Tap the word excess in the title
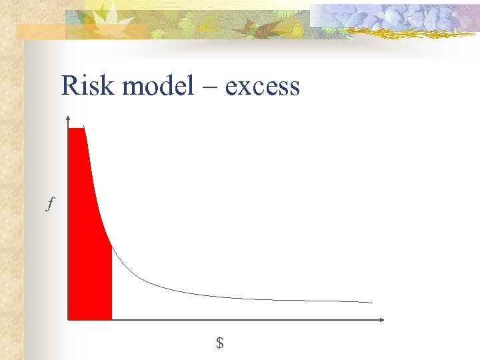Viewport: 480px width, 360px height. click(263, 87)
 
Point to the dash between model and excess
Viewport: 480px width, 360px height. click(214, 87)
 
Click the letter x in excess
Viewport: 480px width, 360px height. click(245, 88)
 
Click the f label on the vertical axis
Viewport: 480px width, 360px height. click(49, 204)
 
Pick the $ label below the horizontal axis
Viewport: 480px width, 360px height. click(219, 343)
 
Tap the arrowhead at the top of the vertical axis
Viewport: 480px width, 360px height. click(68, 119)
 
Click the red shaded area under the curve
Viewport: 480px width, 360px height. click(87, 253)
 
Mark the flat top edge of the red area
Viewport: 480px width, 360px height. click(76, 128)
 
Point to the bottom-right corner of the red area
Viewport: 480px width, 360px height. click(111, 319)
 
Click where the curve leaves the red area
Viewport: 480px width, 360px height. click(111, 247)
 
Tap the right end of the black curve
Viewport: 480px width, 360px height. click(372, 303)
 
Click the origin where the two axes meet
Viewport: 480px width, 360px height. click(68, 320)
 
